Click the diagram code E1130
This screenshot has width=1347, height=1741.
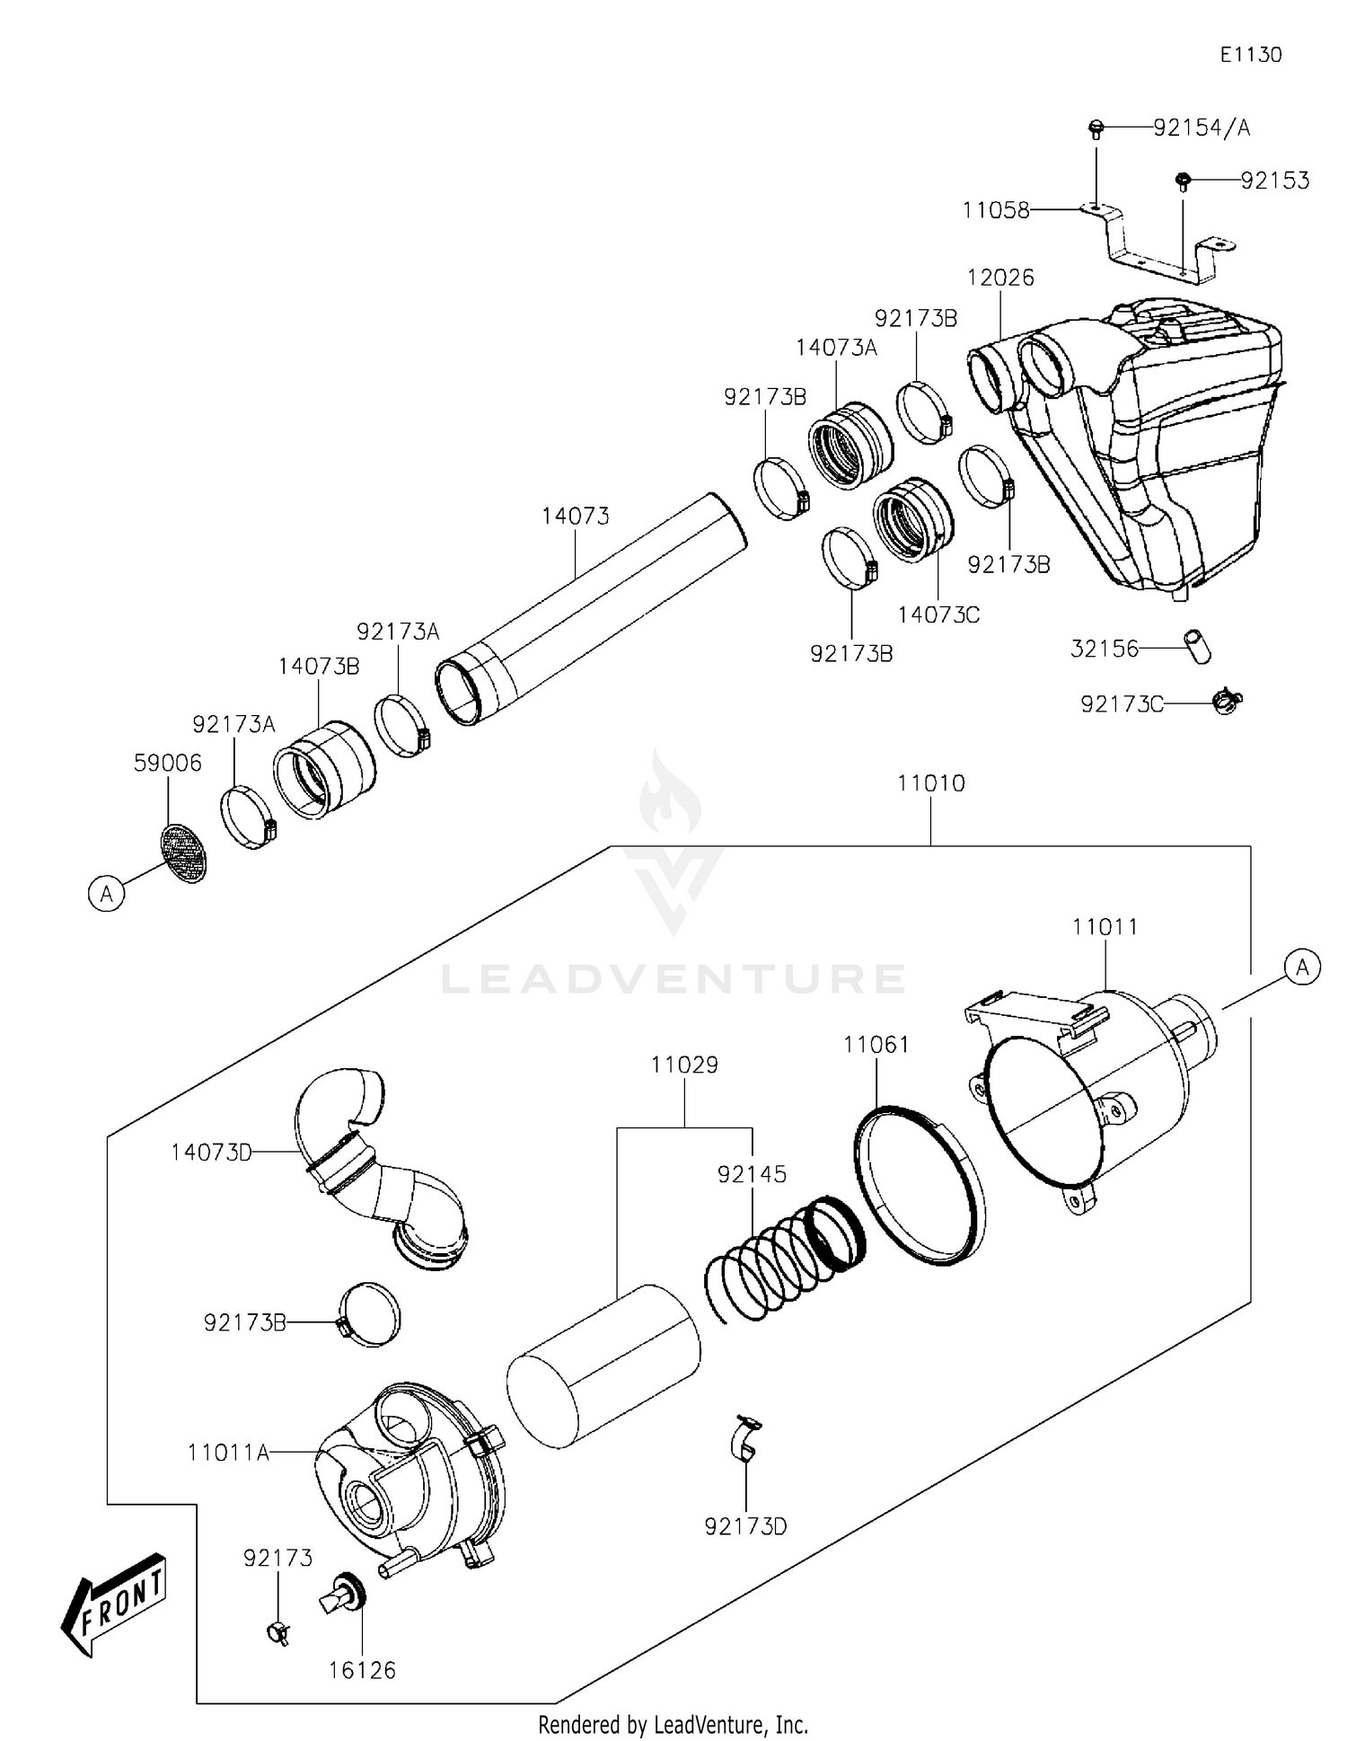[1250, 55]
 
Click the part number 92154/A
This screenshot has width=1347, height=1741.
[1201, 128]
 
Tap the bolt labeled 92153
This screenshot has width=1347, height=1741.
[1183, 181]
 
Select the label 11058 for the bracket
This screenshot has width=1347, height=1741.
[995, 210]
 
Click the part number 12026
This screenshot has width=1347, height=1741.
[1000, 278]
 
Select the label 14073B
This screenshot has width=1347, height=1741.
[318, 666]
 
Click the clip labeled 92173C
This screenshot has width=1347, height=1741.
[1227, 700]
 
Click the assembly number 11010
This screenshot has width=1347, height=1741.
[930, 783]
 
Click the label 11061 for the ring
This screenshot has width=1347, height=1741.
[876, 1045]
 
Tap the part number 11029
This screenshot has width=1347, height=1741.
[684, 1065]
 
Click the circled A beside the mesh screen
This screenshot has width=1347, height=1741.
[107, 894]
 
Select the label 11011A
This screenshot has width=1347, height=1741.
[228, 1452]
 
